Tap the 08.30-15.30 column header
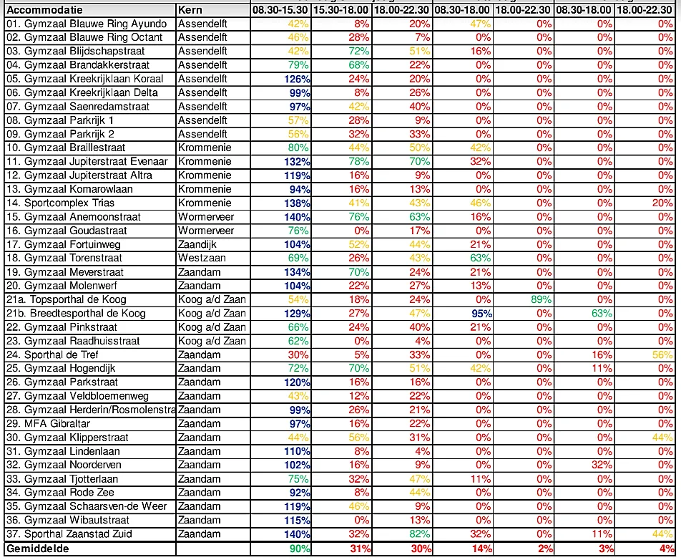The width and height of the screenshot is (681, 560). point(280,10)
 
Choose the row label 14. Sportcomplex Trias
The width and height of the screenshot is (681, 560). point(60,203)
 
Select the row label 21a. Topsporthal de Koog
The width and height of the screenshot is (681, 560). point(66,299)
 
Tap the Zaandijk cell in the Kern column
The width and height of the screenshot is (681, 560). point(198,244)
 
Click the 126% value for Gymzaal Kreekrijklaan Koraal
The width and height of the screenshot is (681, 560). point(297,79)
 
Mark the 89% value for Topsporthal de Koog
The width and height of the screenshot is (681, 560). point(540,299)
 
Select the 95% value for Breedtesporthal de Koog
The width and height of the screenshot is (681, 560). point(479,314)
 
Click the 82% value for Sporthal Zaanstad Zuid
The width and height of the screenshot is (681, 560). point(419,534)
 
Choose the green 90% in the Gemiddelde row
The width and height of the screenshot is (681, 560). point(298,549)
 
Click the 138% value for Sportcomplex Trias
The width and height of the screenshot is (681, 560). point(297,203)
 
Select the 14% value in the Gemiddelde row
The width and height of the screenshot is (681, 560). point(479,549)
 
